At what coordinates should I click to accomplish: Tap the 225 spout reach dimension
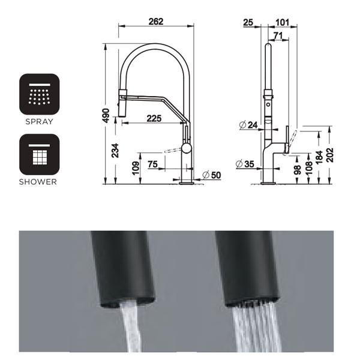click(x=154, y=118)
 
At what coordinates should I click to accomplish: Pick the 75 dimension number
click(x=153, y=164)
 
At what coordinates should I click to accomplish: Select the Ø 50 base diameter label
click(x=212, y=174)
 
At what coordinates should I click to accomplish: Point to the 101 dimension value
click(x=282, y=23)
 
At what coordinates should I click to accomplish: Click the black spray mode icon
click(x=40, y=94)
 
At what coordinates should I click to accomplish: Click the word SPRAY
click(x=40, y=121)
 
